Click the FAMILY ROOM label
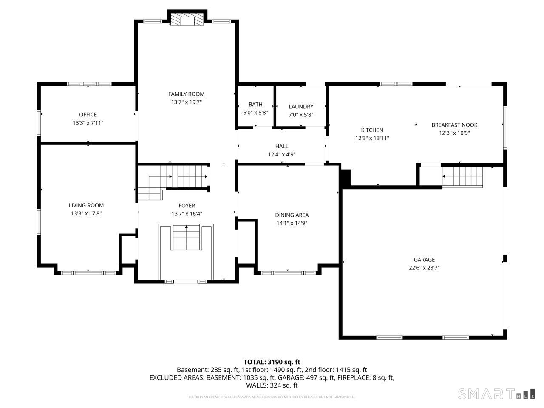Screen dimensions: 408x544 pos(186,94)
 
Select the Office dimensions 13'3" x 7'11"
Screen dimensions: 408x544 pos(88,123)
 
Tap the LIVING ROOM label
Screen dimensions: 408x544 pos(86,205)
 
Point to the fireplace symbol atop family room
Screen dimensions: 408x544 pos(187,20)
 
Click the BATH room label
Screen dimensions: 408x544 pos(255,105)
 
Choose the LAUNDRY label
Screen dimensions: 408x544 pos(301,107)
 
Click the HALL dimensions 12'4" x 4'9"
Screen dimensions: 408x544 pos(282,155)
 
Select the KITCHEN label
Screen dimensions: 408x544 pos(372,130)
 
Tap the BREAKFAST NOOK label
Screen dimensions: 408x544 pos(454,125)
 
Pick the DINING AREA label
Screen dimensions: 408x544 pos(292,215)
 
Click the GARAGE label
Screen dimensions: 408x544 pos(424,260)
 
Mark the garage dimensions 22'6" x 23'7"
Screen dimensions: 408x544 pos(424,268)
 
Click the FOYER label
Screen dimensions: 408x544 pos(187,206)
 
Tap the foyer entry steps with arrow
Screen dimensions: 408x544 pos(186,238)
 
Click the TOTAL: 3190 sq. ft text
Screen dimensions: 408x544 pos(272,362)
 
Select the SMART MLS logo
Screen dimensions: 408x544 pos(496,394)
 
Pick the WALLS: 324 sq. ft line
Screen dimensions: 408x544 pos(272,385)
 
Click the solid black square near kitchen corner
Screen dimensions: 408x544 pos(345,178)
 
